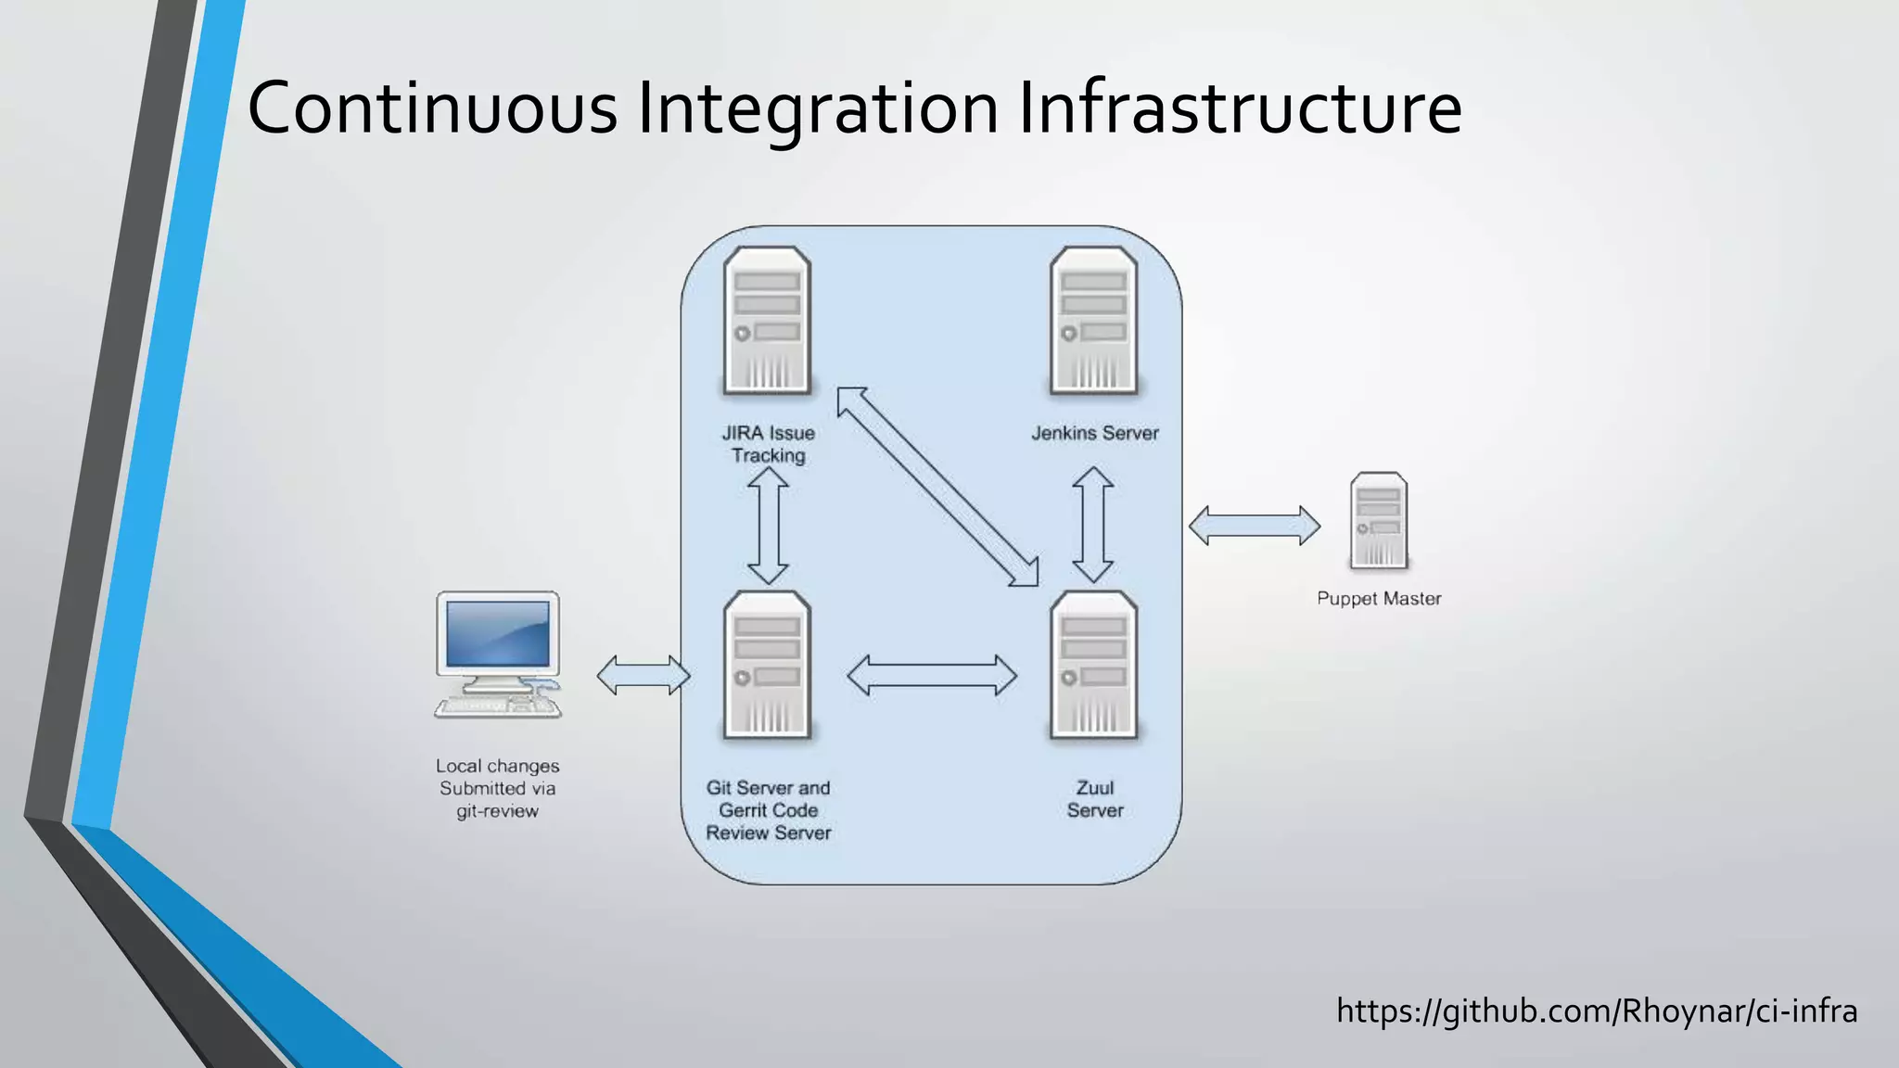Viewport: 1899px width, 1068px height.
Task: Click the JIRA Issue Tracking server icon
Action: pyautogui.click(x=767, y=321)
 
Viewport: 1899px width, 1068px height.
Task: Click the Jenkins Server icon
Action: pyautogui.click(x=1093, y=321)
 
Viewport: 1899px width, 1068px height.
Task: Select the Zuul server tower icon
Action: pyautogui.click(x=1093, y=665)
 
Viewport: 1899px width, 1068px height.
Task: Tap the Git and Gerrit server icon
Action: pyautogui.click(x=767, y=665)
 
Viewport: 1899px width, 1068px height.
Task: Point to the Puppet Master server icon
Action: pyautogui.click(x=1379, y=520)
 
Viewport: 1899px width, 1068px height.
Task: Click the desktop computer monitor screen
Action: pyautogui.click(x=498, y=633)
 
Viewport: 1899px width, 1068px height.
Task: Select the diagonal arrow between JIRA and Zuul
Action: pyautogui.click(x=937, y=487)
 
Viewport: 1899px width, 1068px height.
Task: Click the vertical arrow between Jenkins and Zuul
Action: pyautogui.click(x=1093, y=525)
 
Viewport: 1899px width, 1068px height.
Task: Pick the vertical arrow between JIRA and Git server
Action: pyautogui.click(x=768, y=525)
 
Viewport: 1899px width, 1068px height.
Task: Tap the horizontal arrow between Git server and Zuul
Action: pyautogui.click(x=932, y=675)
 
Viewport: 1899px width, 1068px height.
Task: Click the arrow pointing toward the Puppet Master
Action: pyautogui.click(x=1255, y=526)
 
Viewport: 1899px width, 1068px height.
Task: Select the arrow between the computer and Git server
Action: pyautogui.click(x=644, y=675)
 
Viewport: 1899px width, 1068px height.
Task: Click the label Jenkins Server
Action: pyautogui.click(x=1095, y=433)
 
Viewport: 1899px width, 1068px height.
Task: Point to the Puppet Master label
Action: pyautogui.click(x=1379, y=599)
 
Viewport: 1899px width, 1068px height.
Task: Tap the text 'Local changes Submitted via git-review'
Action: pyautogui.click(x=498, y=788)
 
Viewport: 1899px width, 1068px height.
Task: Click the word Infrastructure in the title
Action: pyautogui.click(x=1240, y=108)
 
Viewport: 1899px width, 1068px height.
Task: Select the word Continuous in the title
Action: pyautogui.click(x=432, y=108)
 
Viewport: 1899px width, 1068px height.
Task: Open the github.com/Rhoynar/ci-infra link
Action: pyautogui.click(x=1597, y=1011)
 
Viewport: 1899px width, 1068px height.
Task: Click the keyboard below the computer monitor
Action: pyautogui.click(x=498, y=707)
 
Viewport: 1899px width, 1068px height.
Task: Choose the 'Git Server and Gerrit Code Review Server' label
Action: pyautogui.click(x=769, y=810)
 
